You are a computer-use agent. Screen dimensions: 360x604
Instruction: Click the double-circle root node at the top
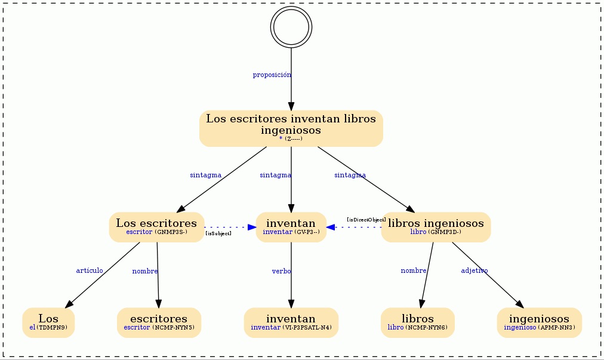pyautogui.click(x=291, y=27)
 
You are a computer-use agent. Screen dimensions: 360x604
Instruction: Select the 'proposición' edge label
pyautogui.click(x=272, y=75)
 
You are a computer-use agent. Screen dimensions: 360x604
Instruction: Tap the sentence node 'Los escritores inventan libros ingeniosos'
pyautogui.click(x=291, y=128)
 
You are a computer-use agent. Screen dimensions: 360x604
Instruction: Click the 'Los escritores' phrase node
pyautogui.click(x=156, y=227)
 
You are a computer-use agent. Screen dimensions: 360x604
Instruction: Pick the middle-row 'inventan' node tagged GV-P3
pyautogui.click(x=291, y=227)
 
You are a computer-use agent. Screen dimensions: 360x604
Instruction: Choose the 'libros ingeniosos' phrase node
pyautogui.click(x=436, y=227)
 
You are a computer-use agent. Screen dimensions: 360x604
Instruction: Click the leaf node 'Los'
pyautogui.click(x=48, y=322)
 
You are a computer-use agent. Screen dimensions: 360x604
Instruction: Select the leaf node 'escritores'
pyautogui.click(x=159, y=322)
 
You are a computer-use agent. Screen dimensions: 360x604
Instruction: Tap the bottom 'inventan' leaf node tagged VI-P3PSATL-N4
pyautogui.click(x=291, y=322)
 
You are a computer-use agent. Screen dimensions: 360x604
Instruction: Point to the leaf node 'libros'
pyautogui.click(x=418, y=322)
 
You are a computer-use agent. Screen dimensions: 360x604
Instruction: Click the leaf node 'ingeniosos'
pyautogui.click(x=539, y=322)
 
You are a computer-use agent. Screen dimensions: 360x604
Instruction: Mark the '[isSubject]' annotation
pyautogui.click(x=218, y=233)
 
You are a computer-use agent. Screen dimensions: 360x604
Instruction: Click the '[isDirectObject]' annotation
pyautogui.click(x=366, y=220)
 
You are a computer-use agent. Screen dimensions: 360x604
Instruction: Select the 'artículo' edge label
pyautogui.click(x=90, y=270)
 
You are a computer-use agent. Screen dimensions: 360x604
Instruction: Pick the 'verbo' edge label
pyautogui.click(x=282, y=271)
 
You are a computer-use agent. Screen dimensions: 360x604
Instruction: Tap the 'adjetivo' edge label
pyautogui.click(x=474, y=270)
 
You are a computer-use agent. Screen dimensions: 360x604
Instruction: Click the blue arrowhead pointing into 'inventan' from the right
pyautogui.click(x=331, y=227)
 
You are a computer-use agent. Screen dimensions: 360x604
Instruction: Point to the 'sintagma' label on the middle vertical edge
pyautogui.click(x=275, y=175)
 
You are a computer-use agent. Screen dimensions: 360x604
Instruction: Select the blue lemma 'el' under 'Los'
pyautogui.click(x=32, y=327)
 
